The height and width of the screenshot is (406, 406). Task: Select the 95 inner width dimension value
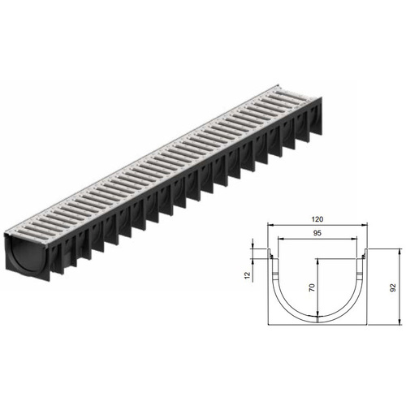(317, 234)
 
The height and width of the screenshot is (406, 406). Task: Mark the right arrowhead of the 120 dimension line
(368, 226)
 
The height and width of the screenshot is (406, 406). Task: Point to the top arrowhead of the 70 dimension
(317, 260)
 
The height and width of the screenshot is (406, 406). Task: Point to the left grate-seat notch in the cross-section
(270, 258)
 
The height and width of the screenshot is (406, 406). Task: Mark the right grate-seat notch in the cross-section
(365, 258)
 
